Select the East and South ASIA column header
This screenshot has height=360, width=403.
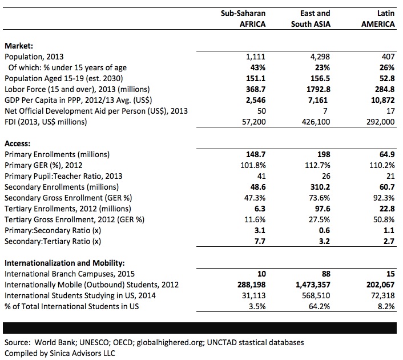311,18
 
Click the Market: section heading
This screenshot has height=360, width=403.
19,46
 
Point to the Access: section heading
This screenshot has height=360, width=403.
19,143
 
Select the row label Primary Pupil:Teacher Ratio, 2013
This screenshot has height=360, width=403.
63,176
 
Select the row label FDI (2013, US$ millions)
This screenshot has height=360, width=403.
46,122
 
